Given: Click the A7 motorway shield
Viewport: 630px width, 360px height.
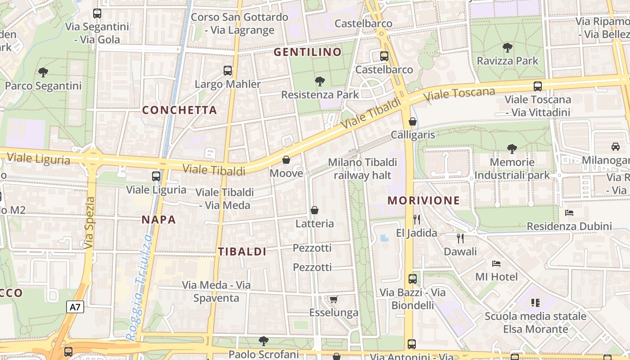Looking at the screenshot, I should coord(75,307).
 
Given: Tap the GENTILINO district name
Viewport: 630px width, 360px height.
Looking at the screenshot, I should coord(308,52).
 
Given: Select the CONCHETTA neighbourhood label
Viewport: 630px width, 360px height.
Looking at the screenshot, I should coord(180,110).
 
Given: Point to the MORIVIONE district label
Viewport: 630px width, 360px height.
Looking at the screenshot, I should coord(424,201).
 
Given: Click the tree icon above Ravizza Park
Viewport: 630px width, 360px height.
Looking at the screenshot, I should coord(508,48).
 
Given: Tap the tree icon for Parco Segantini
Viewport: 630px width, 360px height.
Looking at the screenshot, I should coord(43,72).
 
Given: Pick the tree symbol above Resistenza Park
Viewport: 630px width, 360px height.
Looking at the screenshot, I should coord(320,81).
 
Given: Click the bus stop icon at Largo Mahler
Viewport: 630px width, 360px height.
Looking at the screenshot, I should coord(228,71).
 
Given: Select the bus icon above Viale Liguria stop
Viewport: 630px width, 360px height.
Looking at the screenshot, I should coord(156,176).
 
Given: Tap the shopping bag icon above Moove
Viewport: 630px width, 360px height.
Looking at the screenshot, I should coord(286,160).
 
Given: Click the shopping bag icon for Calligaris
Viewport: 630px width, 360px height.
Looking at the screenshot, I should coord(413,121).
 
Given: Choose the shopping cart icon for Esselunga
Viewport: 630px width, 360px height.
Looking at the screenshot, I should coord(333,299).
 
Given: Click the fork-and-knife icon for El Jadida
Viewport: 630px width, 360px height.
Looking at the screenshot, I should coord(417,220).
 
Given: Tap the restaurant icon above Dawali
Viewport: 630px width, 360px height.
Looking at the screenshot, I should coord(460,238).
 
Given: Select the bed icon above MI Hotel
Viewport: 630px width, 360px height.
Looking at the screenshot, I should coord(496,263).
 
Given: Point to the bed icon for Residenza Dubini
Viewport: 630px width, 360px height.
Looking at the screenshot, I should coord(569,212).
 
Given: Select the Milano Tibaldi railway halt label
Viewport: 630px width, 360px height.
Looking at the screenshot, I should coord(363,169).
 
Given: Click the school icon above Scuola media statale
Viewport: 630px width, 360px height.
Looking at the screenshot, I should coord(535,302).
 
